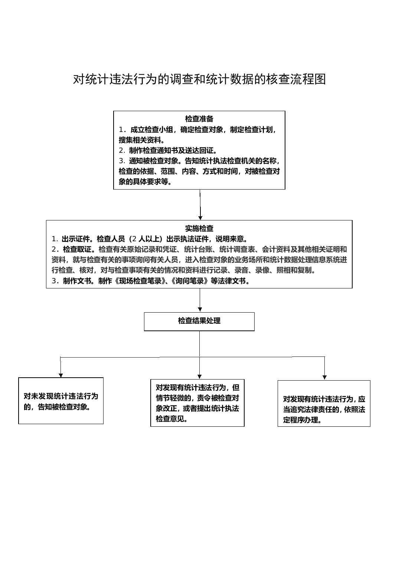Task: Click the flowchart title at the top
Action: (x=199, y=79)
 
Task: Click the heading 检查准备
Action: (x=199, y=119)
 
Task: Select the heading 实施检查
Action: (x=199, y=228)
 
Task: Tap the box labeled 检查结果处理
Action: (x=199, y=321)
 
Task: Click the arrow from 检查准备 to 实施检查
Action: (x=200, y=204)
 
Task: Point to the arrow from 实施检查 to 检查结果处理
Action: (x=200, y=300)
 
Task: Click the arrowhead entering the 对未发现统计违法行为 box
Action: (x=60, y=375)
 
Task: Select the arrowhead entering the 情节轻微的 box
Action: (x=199, y=376)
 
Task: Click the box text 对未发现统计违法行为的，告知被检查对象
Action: (x=61, y=401)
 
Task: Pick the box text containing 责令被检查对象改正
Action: (x=197, y=403)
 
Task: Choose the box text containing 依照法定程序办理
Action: (x=324, y=409)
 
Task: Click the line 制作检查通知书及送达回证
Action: (x=173, y=151)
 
